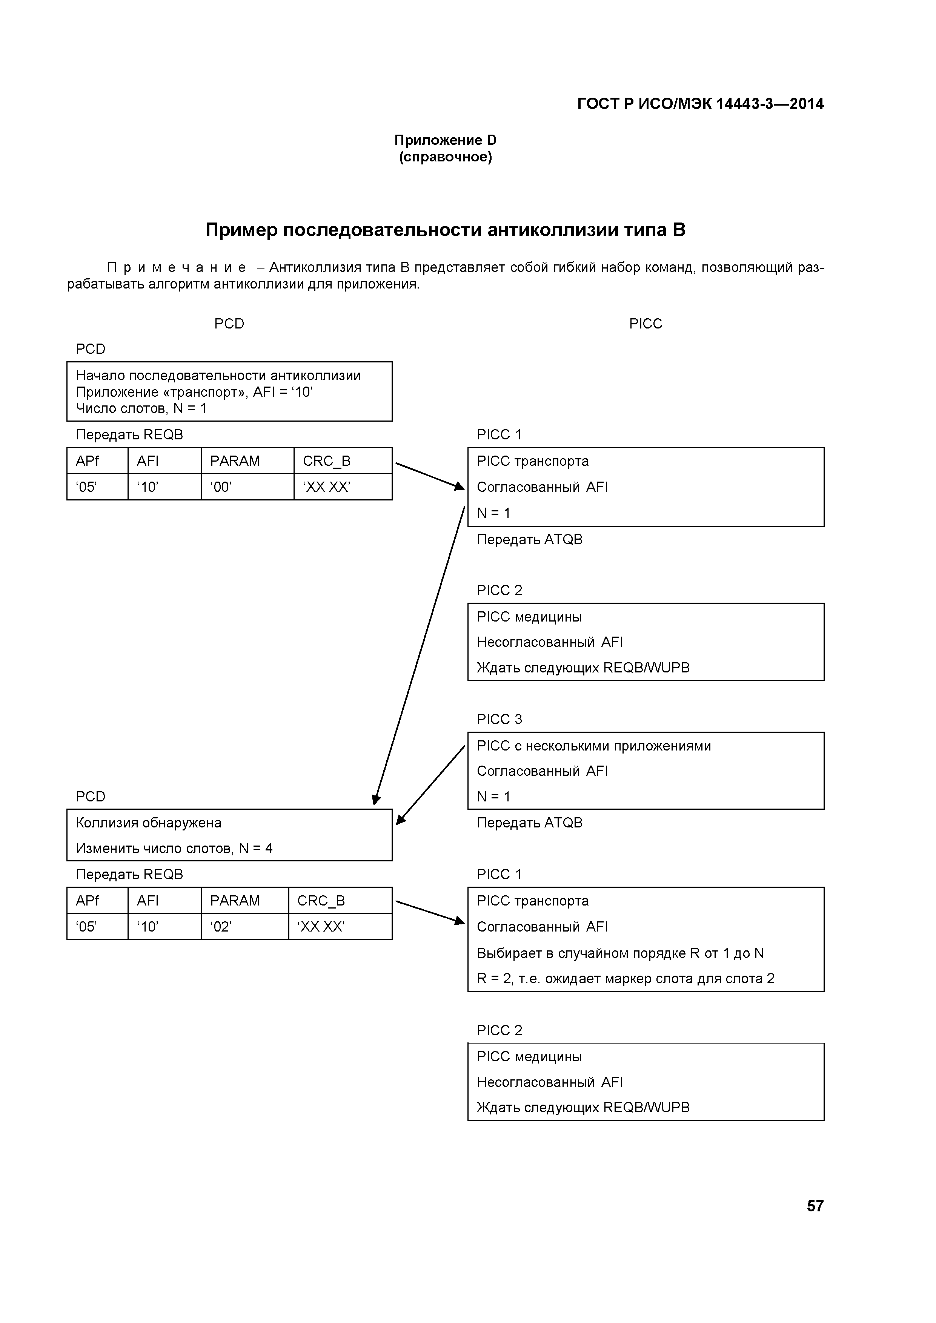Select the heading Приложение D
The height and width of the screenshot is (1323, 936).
(445, 140)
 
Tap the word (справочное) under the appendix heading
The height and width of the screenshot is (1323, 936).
(445, 157)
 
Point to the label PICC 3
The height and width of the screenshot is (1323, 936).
(499, 719)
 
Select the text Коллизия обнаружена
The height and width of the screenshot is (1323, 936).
(149, 823)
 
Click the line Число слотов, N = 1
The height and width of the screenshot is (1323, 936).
(141, 408)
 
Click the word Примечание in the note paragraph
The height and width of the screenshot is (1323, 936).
(176, 267)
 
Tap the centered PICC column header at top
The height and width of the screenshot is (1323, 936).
(646, 324)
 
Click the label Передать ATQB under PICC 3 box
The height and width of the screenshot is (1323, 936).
(529, 823)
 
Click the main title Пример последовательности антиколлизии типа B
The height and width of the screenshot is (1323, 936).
(445, 230)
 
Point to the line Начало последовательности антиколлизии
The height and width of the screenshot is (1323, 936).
(218, 376)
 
